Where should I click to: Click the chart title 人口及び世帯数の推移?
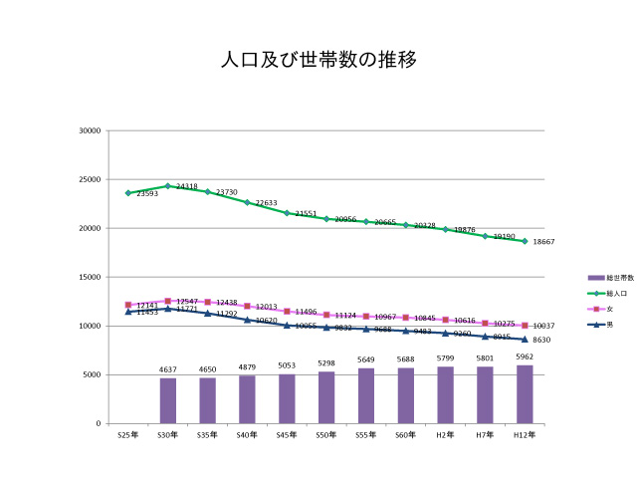coord(318,60)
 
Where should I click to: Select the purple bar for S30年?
coord(168,400)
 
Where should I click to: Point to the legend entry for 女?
coord(596,309)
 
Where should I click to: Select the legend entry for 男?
coord(596,325)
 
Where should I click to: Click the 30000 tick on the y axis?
coord(91,130)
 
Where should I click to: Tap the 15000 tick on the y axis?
coord(91,277)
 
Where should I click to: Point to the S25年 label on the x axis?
coord(127,435)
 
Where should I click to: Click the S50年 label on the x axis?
coord(326,435)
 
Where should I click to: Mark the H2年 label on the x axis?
coord(445,435)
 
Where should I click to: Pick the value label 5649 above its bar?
coord(366,360)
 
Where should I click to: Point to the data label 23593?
coord(146,194)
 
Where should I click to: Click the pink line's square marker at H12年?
coord(525,326)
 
